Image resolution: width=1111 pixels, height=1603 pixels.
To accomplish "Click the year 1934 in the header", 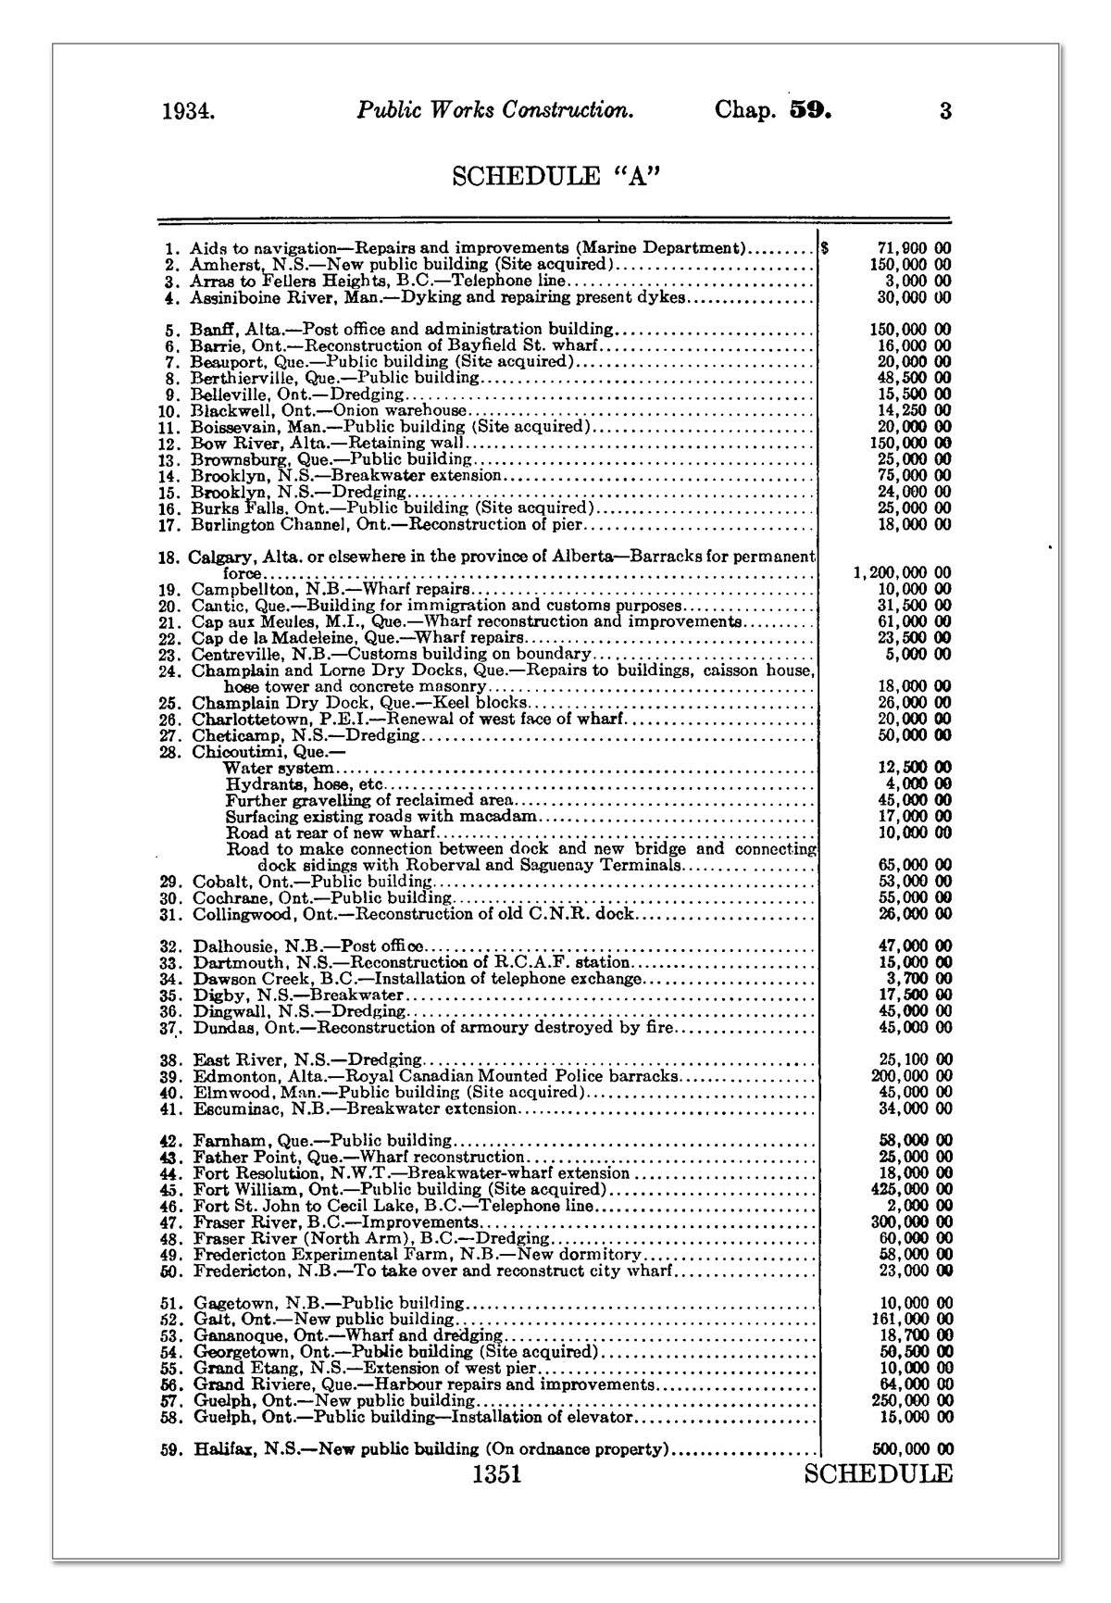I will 188,112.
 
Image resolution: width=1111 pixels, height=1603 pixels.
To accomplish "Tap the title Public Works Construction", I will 495,110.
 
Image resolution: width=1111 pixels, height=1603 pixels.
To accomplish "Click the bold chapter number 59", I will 811,110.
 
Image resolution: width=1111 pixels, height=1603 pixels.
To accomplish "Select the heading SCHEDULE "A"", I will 555,176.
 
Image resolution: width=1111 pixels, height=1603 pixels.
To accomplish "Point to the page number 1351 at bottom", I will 496,1474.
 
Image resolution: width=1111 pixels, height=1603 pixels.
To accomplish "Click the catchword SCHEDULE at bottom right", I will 878,1474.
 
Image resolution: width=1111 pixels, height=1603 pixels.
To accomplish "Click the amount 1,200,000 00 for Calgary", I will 902,573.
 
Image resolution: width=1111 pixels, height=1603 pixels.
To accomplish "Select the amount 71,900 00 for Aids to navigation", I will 913,248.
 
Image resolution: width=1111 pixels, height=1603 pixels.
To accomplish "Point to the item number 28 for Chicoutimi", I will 170,751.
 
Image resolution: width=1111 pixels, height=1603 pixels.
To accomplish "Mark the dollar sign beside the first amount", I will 825,248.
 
